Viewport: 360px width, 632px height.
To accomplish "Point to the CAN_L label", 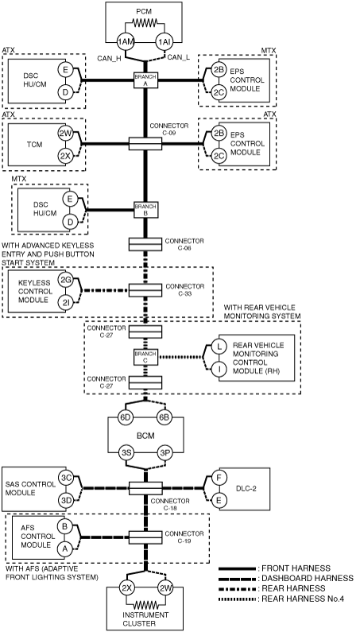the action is pyautogui.click(x=178, y=58).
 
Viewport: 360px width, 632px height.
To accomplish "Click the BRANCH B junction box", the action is pyautogui.click(x=145, y=210).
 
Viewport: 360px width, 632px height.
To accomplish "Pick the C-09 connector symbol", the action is pyautogui.click(x=145, y=143).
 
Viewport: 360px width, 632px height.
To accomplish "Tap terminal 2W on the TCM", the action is pyautogui.click(x=65, y=135).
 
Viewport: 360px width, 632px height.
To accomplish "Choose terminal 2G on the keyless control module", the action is pyautogui.click(x=65, y=279).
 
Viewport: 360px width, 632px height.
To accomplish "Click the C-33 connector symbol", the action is pyautogui.click(x=145, y=290).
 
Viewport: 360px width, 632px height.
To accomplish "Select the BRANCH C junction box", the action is pyautogui.click(x=145, y=357).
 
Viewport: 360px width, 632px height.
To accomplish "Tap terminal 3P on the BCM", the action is pyautogui.click(x=165, y=452).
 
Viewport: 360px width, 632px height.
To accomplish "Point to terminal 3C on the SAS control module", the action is pyautogui.click(x=66, y=479).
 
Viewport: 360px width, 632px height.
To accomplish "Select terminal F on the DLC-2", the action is pyautogui.click(x=219, y=479).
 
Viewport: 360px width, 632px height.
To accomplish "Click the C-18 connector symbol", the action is pyautogui.click(x=145, y=488).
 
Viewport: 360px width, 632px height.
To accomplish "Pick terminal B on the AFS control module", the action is pyautogui.click(x=64, y=527).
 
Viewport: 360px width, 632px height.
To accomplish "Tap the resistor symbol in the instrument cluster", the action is pyautogui.click(x=145, y=605).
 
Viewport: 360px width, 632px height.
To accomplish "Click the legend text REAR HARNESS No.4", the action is pyautogui.click(x=303, y=599).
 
